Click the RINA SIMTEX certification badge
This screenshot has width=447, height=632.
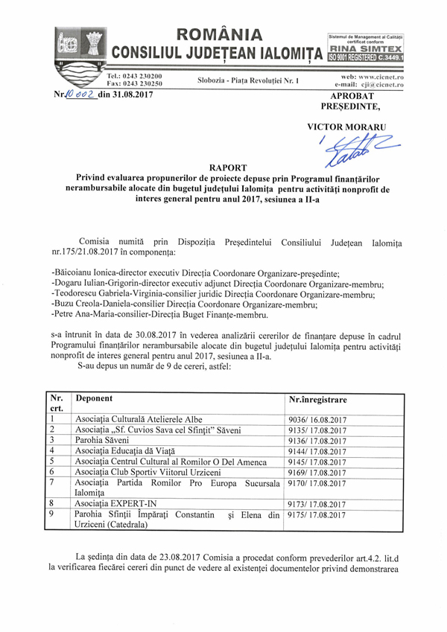coord(367,47)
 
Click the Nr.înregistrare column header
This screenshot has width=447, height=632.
coord(317,400)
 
